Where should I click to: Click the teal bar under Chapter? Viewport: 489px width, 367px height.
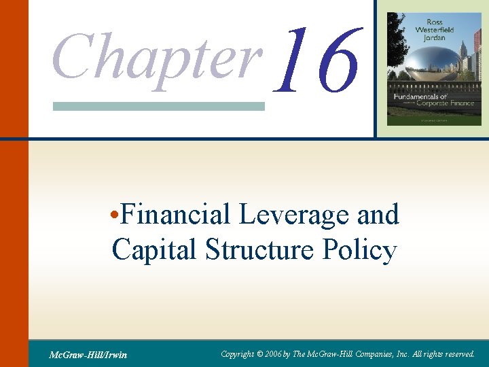(158, 106)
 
